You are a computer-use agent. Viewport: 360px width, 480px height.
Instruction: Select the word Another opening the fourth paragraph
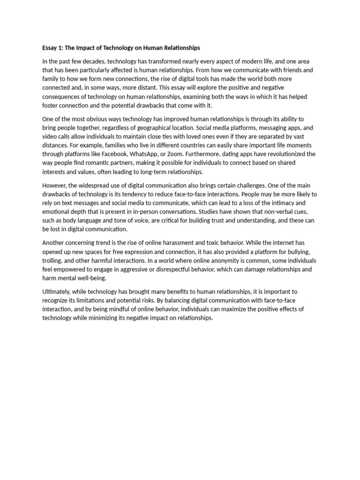(x=54, y=242)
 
